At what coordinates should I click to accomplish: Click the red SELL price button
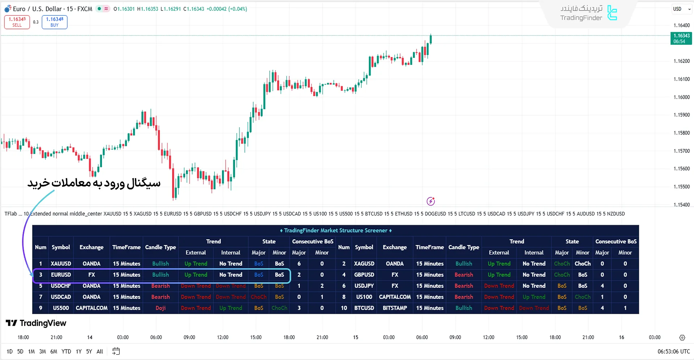coord(17,22)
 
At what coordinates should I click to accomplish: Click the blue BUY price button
coord(55,22)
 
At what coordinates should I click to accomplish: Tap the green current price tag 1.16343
coord(681,38)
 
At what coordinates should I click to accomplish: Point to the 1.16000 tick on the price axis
coord(681,97)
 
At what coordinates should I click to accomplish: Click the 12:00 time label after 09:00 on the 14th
coord(222,337)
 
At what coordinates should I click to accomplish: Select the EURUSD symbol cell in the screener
coord(61,275)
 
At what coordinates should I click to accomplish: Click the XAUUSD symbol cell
coord(61,263)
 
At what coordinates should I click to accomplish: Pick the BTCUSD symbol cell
coord(364,308)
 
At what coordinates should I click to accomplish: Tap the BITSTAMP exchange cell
coord(395,308)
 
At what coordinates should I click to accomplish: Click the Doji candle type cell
coord(161,308)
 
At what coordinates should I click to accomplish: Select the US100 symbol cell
coord(364,297)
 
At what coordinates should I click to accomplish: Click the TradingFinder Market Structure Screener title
coord(336,231)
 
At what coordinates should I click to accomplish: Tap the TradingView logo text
coord(37,323)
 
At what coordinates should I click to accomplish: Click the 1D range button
coord(9,351)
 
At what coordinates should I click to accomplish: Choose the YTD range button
coord(66,351)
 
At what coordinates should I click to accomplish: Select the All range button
coord(100,351)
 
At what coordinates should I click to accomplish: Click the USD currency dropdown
coord(681,9)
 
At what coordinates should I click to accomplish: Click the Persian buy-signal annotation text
coord(94,183)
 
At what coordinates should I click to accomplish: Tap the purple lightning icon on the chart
coord(430,201)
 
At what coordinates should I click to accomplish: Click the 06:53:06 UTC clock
coord(673,351)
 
